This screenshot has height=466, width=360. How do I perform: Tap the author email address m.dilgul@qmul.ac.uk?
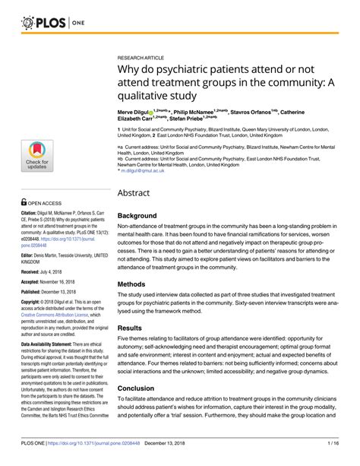(150, 171)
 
